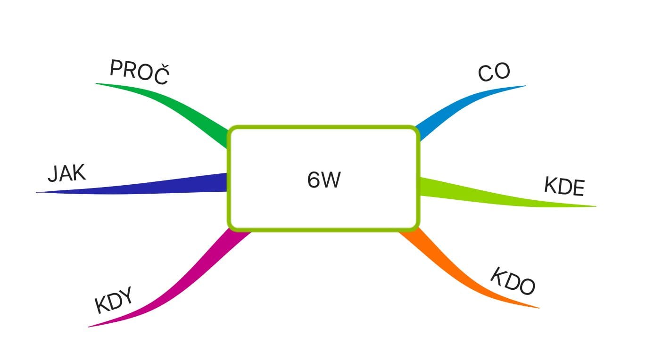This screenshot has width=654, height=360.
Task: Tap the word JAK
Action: click(x=67, y=174)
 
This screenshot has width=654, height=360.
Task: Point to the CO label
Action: click(x=494, y=73)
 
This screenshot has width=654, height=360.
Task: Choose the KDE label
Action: click(x=564, y=187)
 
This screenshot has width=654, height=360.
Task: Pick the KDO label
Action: click(x=513, y=282)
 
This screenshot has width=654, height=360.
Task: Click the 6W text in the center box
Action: click(x=323, y=180)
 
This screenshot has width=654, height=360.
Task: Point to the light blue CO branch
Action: click(x=453, y=111)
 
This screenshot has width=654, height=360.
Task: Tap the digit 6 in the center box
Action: click(x=314, y=180)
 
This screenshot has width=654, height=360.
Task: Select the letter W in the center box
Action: click(x=331, y=180)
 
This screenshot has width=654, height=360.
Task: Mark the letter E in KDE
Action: click(x=578, y=189)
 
